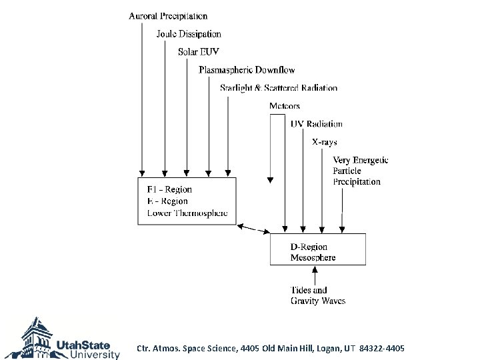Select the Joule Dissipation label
coord(189,34)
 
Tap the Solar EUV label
coord(199,52)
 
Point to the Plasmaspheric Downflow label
coord(247,70)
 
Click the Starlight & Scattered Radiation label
coord(279,88)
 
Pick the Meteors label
coord(285,106)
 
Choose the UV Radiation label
coord(317,124)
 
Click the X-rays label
coord(325,142)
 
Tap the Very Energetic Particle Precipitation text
coord(360,171)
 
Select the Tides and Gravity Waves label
coord(318,295)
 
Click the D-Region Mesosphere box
coord(317,249)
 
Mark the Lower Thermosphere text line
coord(187,213)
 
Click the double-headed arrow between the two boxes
coord(253,229)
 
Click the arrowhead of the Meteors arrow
coord(269,179)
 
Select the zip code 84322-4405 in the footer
coord(381,349)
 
